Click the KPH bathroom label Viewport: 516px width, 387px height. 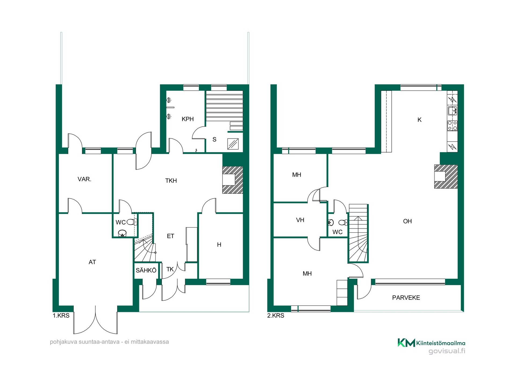pyautogui.click(x=188, y=119)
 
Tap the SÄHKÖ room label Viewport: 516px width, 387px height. pyautogui.click(x=146, y=270)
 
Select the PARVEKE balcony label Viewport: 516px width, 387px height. pyautogui.click(x=406, y=298)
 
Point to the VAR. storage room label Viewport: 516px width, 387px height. pyautogui.click(x=84, y=179)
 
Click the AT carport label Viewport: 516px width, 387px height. pyautogui.click(x=92, y=262)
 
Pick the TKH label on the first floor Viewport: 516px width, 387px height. pyautogui.click(x=171, y=181)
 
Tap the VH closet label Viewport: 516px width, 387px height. pyautogui.click(x=300, y=220)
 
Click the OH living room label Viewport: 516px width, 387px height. pyautogui.click(x=407, y=221)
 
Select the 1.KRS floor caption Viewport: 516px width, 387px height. pyautogui.click(x=61, y=316)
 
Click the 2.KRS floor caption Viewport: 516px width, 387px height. pyautogui.click(x=276, y=316)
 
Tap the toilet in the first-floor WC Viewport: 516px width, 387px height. pyautogui.click(x=132, y=222)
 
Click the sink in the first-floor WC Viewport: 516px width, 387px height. pyautogui.click(x=122, y=233)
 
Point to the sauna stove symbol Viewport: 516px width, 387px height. pyautogui.click(x=233, y=144)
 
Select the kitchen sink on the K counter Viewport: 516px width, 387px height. pyautogui.click(x=452, y=110)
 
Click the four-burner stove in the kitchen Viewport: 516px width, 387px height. pyautogui.click(x=452, y=126)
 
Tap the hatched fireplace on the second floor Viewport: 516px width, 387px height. pyautogui.click(x=446, y=176)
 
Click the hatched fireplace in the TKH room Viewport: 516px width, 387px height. pyautogui.click(x=233, y=180)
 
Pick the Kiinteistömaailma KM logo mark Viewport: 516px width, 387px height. pyautogui.click(x=406, y=343)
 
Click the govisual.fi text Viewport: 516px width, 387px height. pyautogui.click(x=447, y=351)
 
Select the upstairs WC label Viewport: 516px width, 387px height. pyautogui.click(x=337, y=232)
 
